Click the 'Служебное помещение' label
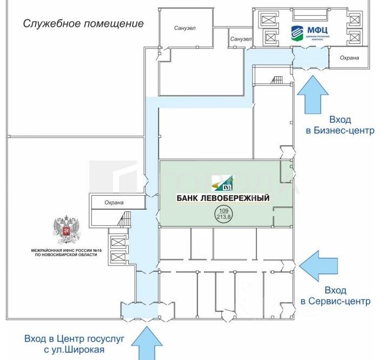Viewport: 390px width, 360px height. click(83, 24)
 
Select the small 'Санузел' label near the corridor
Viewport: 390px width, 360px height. click(241, 39)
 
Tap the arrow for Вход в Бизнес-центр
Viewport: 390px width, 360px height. click(313, 95)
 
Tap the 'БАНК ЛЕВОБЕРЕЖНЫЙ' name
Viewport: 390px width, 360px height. click(223, 198)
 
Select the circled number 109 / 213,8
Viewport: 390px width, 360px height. click(222, 213)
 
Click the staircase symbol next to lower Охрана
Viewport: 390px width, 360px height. click(125, 219)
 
